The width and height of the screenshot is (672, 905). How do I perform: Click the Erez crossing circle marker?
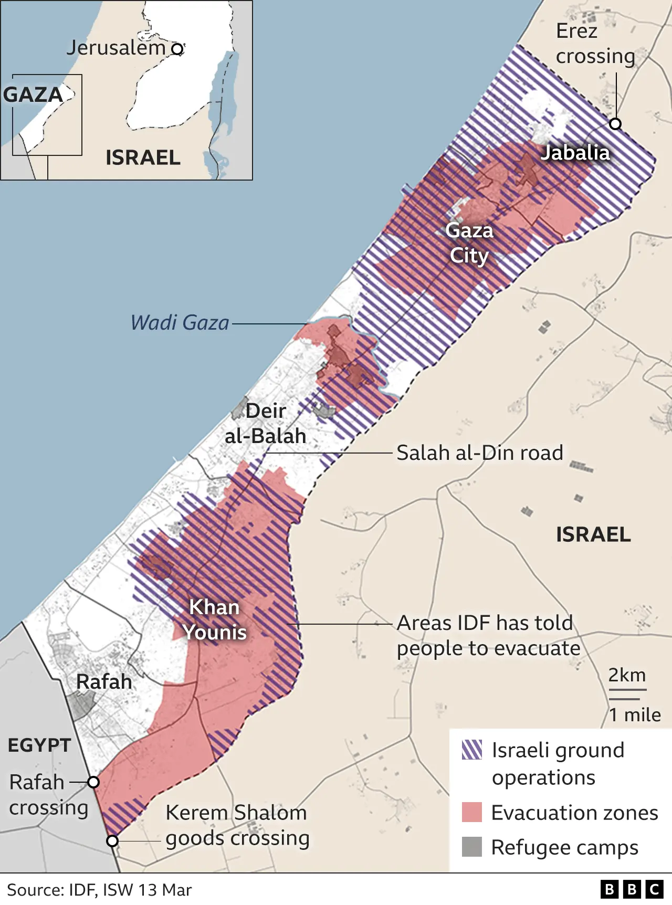(x=615, y=124)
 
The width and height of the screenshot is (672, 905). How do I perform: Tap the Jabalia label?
(x=575, y=153)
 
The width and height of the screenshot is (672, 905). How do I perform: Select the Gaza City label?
(x=469, y=243)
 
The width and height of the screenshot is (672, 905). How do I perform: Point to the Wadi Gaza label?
(x=180, y=322)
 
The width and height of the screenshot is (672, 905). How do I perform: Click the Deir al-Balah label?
(x=266, y=423)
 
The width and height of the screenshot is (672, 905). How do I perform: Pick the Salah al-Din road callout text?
(x=479, y=453)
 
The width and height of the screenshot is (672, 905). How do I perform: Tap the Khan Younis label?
(x=214, y=619)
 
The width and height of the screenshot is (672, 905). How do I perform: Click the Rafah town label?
(x=104, y=681)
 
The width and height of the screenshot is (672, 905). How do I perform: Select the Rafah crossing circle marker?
(x=93, y=782)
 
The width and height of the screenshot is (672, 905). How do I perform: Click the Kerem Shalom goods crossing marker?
(x=112, y=841)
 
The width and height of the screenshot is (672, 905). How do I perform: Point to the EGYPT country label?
(x=39, y=745)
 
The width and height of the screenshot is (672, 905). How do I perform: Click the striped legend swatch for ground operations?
(x=471, y=750)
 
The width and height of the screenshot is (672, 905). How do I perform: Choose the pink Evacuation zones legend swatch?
(x=471, y=812)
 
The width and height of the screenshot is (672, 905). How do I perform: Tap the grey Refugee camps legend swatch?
(x=471, y=847)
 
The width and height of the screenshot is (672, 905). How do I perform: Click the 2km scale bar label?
(x=627, y=675)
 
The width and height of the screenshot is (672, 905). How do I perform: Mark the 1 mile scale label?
(x=634, y=714)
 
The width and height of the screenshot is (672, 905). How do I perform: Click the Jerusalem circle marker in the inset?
(x=178, y=49)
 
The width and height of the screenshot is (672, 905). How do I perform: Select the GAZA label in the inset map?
(x=33, y=95)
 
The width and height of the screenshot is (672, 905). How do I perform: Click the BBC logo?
(x=632, y=889)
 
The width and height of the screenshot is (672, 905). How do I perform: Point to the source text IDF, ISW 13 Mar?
(x=99, y=890)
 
